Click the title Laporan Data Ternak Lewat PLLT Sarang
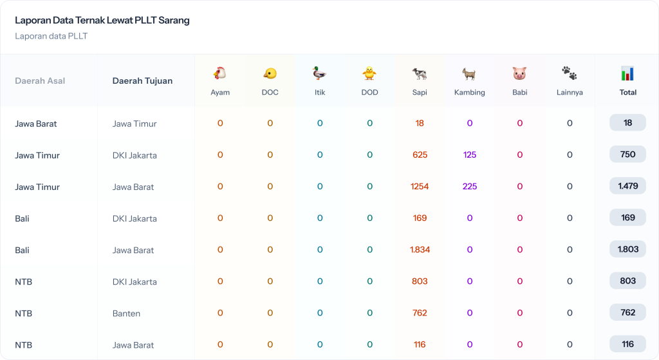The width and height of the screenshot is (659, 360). [x=102, y=21]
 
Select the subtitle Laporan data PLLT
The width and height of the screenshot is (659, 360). [x=51, y=36]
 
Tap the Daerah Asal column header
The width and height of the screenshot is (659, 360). [x=40, y=81]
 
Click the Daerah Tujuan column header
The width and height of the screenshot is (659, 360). [x=142, y=81]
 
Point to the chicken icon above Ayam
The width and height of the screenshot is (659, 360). [x=220, y=73]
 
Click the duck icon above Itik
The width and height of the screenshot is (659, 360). [x=320, y=73]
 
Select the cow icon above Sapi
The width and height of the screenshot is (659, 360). [x=420, y=73]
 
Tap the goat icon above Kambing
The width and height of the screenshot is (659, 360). [x=469, y=73]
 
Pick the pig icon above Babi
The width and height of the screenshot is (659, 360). [x=519, y=73]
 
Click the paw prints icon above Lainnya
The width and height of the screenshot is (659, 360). [x=570, y=73]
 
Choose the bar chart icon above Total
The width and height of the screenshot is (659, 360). [x=627, y=73]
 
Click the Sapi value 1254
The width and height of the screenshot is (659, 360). [x=420, y=187]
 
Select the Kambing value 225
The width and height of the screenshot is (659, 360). [x=470, y=187]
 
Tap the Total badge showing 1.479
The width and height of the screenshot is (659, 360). [x=627, y=186]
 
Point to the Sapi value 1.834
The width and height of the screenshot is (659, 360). [x=420, y=250]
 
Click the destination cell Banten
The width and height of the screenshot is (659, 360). [x=126, y=314]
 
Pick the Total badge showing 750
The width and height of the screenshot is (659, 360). [x=627, y=155]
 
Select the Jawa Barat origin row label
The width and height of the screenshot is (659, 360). [x=36, y=124]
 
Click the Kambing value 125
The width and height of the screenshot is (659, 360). [x=470, y=155]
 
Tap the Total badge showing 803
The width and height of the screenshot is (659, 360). [x=627, y=281]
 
